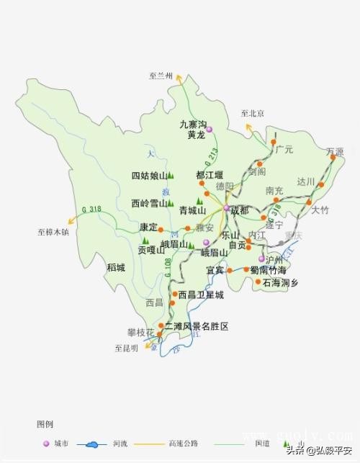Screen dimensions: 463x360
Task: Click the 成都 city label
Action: [x=240, y=210]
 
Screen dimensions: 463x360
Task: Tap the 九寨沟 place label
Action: [x=192, y=124]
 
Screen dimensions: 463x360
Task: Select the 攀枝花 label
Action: [x=140, y=332]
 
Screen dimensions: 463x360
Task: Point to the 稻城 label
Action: [x=116, y=267]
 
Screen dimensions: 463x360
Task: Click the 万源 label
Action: [x=335, y=152]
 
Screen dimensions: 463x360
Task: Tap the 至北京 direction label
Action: [x=253, y=113]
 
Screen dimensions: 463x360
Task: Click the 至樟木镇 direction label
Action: [x=53, y=232]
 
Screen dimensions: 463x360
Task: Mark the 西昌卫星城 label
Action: [x=201, y=295]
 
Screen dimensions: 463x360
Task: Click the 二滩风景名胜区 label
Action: [x=196, y=326]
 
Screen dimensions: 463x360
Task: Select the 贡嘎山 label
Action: [x=152, y=250]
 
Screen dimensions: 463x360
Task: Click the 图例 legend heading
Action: [x=45, y=424]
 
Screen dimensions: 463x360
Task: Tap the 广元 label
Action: [x=284, y=150]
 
